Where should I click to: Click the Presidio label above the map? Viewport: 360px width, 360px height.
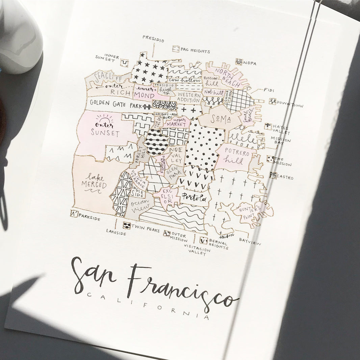[x=153, y=38]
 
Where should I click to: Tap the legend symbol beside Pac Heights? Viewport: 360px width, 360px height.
[x=176, y=49]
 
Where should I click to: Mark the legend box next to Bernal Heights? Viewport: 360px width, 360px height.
[x=203, y=240]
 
